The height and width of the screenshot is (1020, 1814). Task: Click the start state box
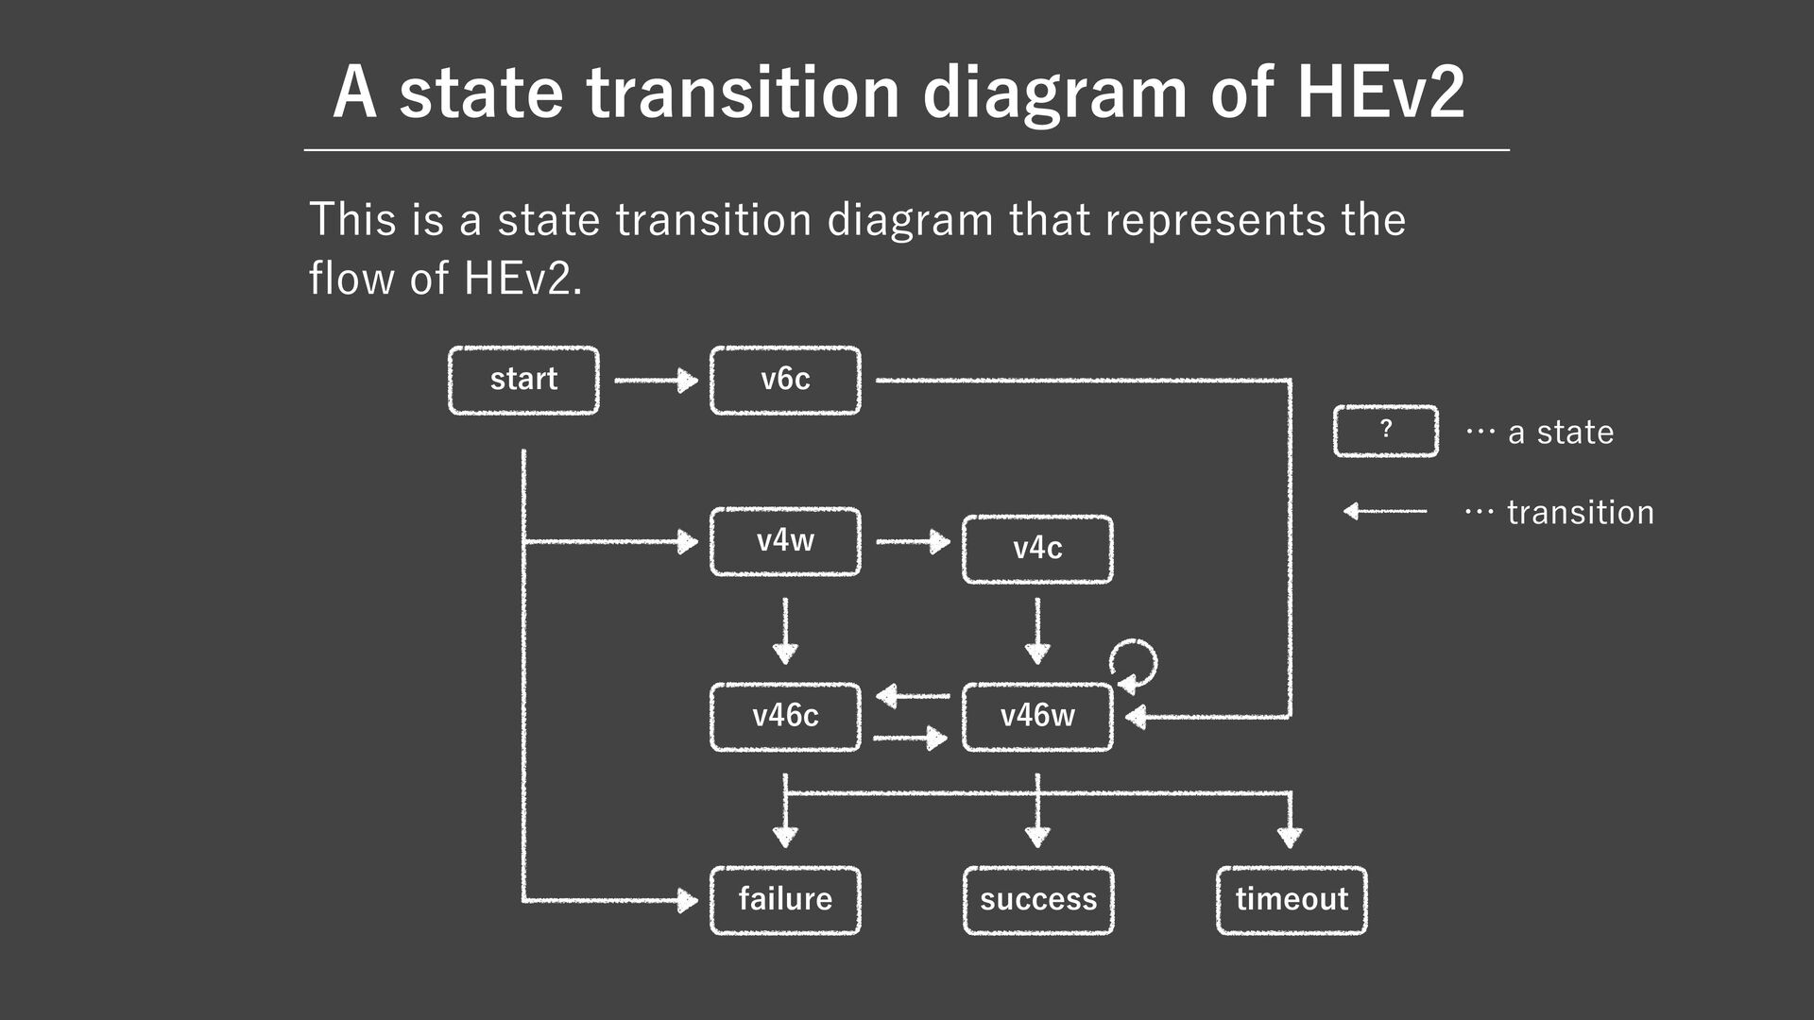click(x=523, y=380)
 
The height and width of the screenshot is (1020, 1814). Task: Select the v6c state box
click(x=785, y=380)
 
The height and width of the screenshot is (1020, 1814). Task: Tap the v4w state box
click(x=785, y=541)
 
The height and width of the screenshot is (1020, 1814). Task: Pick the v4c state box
click(x=1037, y=549)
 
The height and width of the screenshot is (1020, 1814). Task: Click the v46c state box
click(x=785, y=716)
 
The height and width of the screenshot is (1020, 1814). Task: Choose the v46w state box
click(x=1037, y=716)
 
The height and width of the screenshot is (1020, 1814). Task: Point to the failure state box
click(x=785, y=899)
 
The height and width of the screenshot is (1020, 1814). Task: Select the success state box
click(x=1038, y=899)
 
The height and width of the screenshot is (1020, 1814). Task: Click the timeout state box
click(x=1292, y=899)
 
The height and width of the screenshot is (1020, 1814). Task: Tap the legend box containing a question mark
click(x=1385, y=431)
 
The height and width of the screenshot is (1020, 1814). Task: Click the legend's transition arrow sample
click(x=1385, y=511)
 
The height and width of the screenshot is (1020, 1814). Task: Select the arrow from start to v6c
click(x=655, y=381)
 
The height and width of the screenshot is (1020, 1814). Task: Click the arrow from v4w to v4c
click(x=912, y=542)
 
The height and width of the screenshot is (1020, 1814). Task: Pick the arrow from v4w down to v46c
click(x=785, y=631)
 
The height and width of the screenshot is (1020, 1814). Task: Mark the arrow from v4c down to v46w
click(x=1037, y=631)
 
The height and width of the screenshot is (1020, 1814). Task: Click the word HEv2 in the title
click(x=1379, y=92)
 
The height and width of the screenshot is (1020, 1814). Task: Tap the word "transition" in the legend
click(x=1580, y=513)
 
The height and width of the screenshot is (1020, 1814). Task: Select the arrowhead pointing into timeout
click(x=1290, y=836)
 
